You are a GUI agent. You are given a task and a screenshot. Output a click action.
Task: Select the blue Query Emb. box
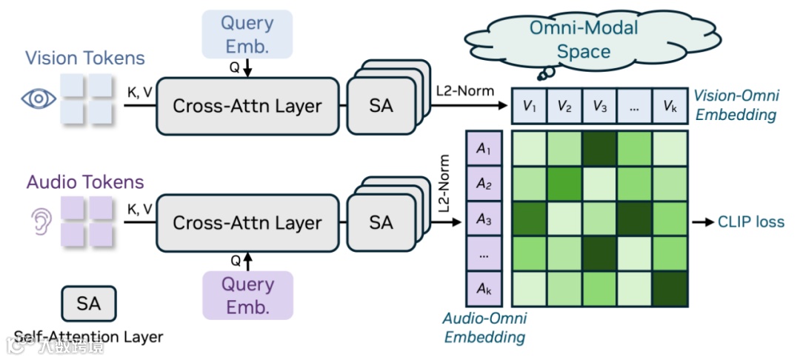(247, 34)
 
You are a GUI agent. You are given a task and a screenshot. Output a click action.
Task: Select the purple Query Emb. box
(247, 295)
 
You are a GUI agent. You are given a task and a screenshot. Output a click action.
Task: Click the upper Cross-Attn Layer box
(247, 106)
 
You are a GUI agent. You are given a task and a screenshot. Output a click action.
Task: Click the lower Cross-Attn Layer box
(247, 222)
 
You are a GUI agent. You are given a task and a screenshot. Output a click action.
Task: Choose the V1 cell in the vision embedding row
(529, 107)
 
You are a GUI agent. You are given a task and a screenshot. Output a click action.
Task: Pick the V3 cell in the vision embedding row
(600, 107)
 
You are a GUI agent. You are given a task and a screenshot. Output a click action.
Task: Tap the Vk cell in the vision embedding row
(670, 107)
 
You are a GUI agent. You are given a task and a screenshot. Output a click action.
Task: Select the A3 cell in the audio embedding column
(484, 220)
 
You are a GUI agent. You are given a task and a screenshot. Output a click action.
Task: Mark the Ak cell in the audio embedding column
(484, 290)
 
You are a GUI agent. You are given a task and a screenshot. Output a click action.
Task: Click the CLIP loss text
(750, 221)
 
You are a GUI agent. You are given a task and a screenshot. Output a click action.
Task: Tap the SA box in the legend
(88, 303)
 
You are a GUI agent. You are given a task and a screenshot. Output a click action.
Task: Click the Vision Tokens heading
(85, 58)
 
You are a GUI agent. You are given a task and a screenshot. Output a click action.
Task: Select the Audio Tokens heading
(85, 181)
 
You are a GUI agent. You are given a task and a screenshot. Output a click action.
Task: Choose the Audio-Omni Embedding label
(484, 328)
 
